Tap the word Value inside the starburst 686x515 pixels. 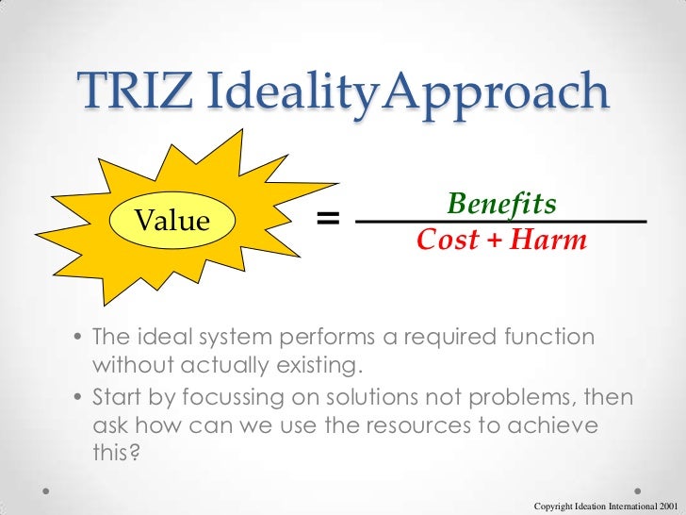tap(171, 221)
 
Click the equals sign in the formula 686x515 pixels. tap(327, 219)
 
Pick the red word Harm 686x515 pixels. tap(549, 241)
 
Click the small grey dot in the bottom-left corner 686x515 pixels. tap(46, 492)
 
